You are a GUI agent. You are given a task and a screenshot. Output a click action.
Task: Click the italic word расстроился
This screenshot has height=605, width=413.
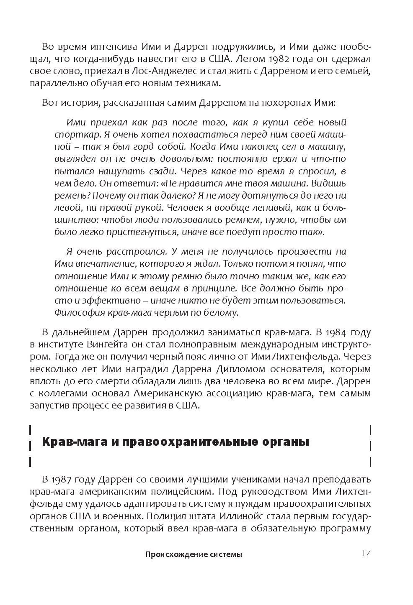click(x=121, y=252)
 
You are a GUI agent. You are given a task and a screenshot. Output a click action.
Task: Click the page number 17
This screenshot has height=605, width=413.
click(x=365, y=553)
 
